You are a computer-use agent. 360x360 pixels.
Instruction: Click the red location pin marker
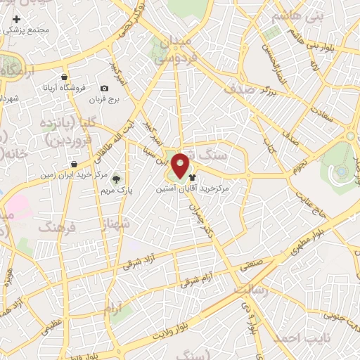pyautogui.click(x=181, y=165)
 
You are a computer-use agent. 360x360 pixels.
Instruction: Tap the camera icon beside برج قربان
pyautogui.click(x=104, y=88)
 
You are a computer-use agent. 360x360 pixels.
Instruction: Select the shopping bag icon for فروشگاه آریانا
pyautogui.click(x=65, y=77)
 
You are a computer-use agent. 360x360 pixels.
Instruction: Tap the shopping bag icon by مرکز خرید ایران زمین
pyautogui.click(x=74, y=164)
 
